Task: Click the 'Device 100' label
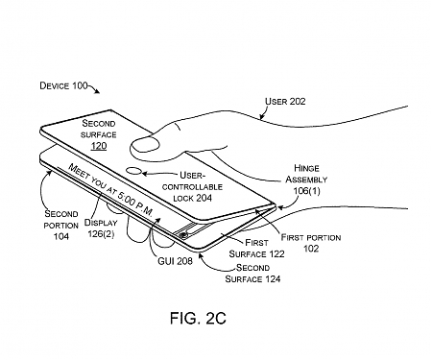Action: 63,86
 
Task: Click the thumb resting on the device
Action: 147,145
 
